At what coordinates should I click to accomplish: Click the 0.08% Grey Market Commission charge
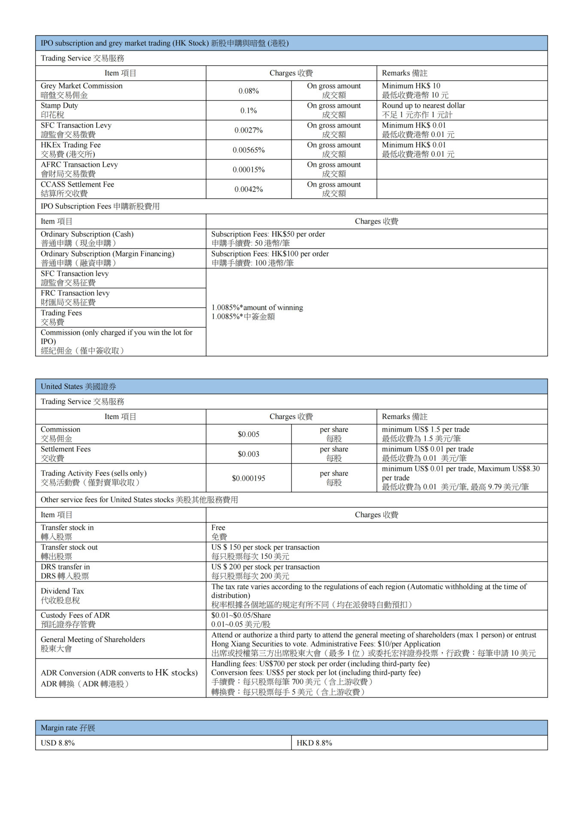(249, 91)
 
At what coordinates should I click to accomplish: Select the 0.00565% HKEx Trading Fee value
(249, 150)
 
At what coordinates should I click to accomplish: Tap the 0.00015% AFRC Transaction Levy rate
(249, 170)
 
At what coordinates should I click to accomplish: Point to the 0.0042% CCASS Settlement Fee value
(249, 189)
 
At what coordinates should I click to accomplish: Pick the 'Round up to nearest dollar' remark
(423, 106)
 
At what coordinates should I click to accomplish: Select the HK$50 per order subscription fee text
(268, 234)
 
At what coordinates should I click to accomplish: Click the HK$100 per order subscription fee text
(270, 254)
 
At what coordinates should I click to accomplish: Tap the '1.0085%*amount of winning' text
(257, 308)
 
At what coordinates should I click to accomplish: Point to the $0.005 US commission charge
(249, 434)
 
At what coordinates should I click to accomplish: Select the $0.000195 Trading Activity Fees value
(249, 478)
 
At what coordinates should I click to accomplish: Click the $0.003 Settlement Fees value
(249, 454)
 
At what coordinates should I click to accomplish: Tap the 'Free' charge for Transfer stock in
(218, 528)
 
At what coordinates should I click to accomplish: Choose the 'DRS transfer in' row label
(65, 567)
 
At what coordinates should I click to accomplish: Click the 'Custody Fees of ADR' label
(75, 615)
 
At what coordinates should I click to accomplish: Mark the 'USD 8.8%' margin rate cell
(58, 743)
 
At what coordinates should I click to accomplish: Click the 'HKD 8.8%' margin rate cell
(314, 743)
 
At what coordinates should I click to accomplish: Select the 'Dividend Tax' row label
(62, 591)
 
